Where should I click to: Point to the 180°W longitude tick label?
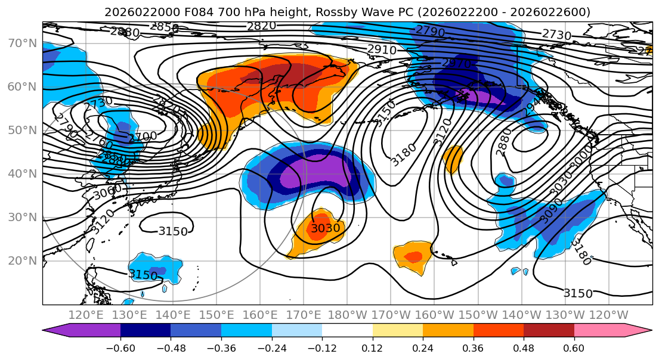pos(348,315)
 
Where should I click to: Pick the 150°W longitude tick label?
pos(478,315)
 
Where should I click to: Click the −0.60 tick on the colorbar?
pos(120,347)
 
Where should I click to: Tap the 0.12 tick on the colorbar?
pos(373,347)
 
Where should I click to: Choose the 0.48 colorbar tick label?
pos(524,347)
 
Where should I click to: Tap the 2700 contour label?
pos(143,136)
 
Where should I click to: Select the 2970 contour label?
pos(456,63)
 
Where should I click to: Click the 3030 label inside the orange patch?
pos(325,228)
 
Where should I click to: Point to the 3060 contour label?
pos(108,192)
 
